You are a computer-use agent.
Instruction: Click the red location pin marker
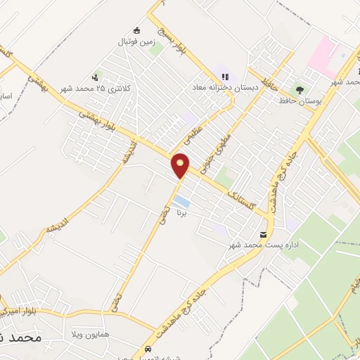pyautogui.click(x=181, y=165)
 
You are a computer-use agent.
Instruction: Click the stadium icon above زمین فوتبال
pyautogui.click(x=136, y=30)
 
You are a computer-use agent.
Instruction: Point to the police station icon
pyautogui.click(x=96, y=77)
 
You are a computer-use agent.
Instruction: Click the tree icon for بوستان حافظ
pyautogui.click(x=300, y=90)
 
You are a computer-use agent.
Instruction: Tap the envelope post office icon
pyautogui.click(x=264, y=234)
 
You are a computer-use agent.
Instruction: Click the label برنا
pyautogui.click(x=181, y=212)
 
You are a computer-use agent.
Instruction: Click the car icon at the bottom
pyautogui.click(x=148, y=348)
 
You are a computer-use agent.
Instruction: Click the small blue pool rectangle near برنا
pyautogui.click(x=181, y=201)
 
